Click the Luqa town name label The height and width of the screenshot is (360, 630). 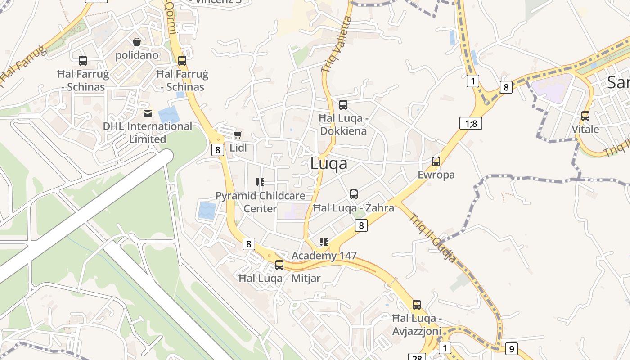pos(328,164)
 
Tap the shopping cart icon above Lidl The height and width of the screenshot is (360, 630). pos(238,135)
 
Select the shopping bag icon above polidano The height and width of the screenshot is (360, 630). pos(137,42)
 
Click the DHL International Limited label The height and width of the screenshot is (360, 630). pos(148,132)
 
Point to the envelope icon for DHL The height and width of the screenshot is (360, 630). pos(148,113)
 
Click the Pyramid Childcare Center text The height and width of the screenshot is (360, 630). pos(260,202)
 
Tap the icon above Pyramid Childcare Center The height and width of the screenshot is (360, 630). pos(260,182)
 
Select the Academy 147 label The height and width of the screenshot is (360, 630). pos(324,256)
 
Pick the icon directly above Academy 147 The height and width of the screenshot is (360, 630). pos(324,242)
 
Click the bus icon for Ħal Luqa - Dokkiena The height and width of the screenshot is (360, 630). pos(343,105)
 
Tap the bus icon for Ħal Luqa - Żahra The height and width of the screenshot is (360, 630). pos(354,194)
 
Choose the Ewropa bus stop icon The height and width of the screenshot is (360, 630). pos(436,161)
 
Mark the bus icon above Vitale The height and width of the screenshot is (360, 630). pos(585,116)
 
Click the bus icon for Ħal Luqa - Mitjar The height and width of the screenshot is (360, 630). pos(279,265)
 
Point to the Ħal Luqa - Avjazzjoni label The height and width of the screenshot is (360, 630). pos(417,324)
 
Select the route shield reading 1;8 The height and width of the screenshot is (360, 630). pos(471,123)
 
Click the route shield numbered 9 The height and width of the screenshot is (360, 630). pos(511,348)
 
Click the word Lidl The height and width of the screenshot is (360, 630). pos(238,147)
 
